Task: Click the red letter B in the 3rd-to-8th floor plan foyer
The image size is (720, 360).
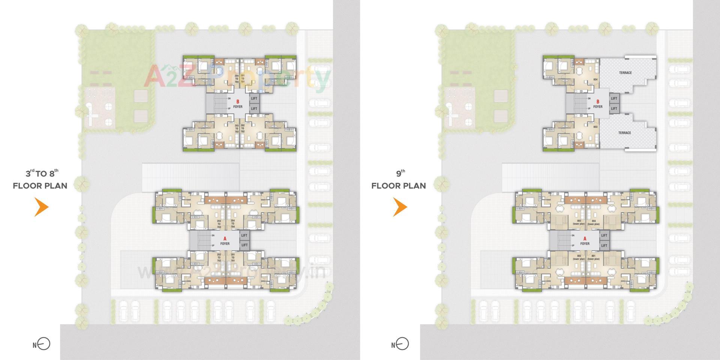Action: [237, 102]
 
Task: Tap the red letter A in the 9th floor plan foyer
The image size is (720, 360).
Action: [585, 238]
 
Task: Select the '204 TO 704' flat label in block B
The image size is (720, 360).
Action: [237, 79]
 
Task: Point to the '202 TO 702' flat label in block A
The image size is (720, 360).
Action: [219, 258]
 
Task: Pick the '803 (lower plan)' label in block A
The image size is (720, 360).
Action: [579, 222]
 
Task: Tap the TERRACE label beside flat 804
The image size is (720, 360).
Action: [625, 73]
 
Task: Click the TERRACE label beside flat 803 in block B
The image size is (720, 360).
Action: [624, 133]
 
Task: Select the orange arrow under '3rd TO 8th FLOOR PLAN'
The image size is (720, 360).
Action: [41, 207]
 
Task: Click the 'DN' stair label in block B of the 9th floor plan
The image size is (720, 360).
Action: [589, 99]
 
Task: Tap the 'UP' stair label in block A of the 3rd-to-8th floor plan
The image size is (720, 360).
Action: [213, 246]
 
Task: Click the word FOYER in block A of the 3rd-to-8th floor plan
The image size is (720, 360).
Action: [225, 244]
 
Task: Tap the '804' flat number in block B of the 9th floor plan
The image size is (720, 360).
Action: [595, 79]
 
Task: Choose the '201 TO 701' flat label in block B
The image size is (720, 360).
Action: [243, 79]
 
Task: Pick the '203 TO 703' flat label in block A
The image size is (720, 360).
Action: [219, 224]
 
